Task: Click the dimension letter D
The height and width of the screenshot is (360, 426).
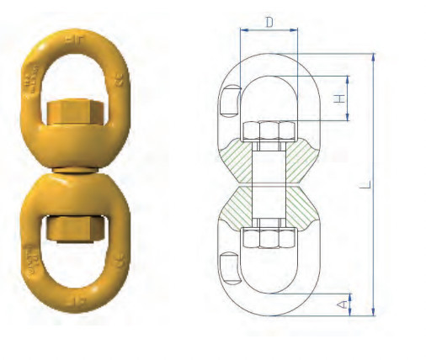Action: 269,23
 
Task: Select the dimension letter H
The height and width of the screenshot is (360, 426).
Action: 338,98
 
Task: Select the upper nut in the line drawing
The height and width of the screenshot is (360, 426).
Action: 268,131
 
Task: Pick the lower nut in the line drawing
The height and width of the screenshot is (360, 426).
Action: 268,236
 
